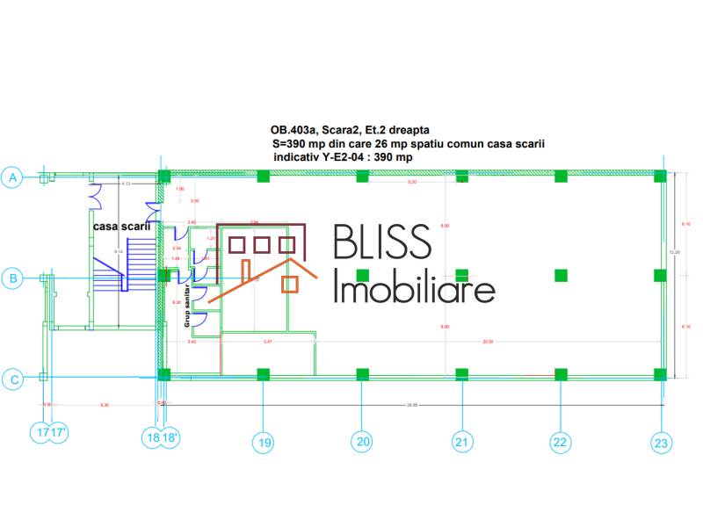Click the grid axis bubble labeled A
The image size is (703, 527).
click(13, 177)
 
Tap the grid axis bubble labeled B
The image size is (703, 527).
click(13, 278)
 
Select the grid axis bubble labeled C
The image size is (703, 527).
click(13, 379)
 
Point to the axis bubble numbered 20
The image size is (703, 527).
click(362, 443)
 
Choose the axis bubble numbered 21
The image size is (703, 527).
click(462, 443)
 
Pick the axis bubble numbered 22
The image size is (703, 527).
click(561, 443)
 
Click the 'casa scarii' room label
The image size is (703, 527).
click(122, 226)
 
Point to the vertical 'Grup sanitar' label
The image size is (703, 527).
click(187, 306)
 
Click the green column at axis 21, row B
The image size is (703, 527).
click(462, 275)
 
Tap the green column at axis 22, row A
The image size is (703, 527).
click(561, 176)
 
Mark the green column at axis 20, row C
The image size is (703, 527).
click(362, 375)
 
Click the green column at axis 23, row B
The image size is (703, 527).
click(661, 275)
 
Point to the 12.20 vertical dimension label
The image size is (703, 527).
click(674, 252)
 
